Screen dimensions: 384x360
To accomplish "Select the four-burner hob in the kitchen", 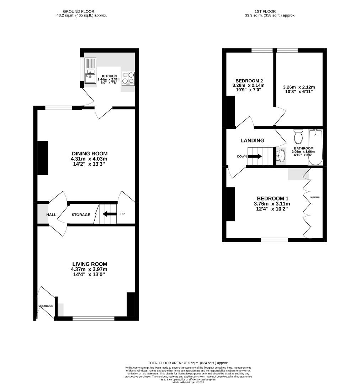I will [128, 79].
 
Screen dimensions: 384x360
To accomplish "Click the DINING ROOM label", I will [89, 153].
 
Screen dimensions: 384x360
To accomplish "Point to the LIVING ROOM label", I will [90, 264].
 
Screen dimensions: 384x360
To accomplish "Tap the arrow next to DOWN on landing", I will [256, 156].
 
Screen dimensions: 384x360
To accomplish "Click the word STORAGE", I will [81, 215].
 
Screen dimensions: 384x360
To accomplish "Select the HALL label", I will [51, 215].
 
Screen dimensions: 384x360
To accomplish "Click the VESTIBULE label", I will [46, 306].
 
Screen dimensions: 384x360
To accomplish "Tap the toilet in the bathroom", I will [298, 136].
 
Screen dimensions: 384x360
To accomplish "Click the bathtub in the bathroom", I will [315, 148].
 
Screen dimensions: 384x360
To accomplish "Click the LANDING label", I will [252, 140].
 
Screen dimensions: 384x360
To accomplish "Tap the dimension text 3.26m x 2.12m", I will [299, 87].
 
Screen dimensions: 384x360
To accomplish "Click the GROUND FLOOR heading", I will [82, 12].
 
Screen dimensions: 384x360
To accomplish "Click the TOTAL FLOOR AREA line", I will [188, 362].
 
